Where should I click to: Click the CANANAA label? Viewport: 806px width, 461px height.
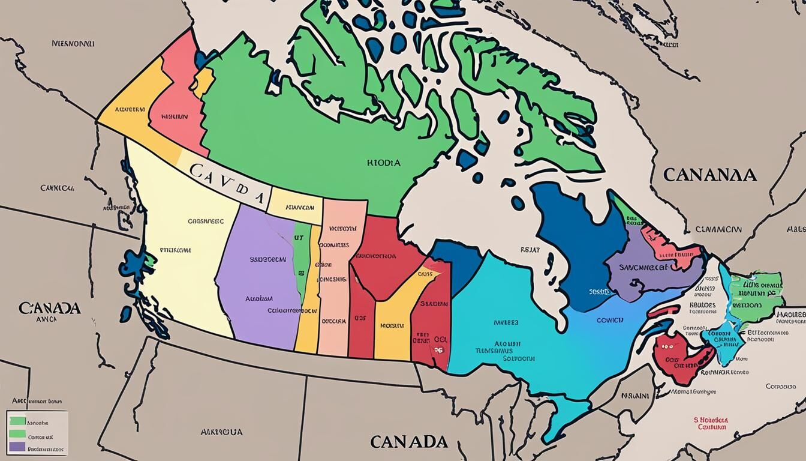tap(709, 175)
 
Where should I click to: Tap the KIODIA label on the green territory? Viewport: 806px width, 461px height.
tap(383, 162)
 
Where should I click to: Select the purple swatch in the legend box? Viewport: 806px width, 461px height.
tap(17, 447)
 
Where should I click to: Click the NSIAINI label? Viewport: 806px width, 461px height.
tap(634, 396)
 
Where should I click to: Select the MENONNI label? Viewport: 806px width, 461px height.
tap(73, 43)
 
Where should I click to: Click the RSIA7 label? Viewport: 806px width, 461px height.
tap(530, 249)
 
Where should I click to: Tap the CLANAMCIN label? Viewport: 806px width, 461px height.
tap(718, 229)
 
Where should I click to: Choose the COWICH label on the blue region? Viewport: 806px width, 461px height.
tap(610, 320)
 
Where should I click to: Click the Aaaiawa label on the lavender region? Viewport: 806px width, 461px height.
tap(259, 298)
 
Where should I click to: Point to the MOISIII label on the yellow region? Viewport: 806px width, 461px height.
tap(392, 326)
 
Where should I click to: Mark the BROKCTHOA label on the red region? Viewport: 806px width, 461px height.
tap(373, 255)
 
